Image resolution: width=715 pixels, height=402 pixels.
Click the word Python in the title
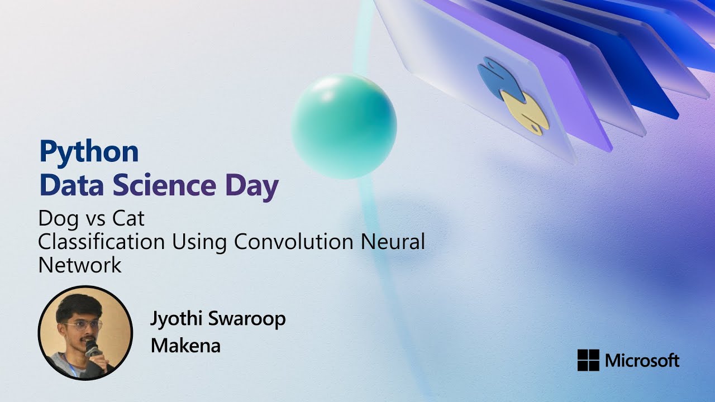click(x=89, y=152)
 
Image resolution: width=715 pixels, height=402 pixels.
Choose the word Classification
click(x=101, y=241)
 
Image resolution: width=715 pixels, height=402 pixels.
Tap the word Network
click(x=80, y=264)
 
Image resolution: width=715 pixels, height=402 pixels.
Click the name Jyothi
click(x=178, y=319)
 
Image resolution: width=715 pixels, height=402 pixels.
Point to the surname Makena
click(x=185, y=346)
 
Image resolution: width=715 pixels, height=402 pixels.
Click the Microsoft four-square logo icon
click(x=588, y=360)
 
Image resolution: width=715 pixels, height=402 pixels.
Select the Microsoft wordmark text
click(x=642, y=360)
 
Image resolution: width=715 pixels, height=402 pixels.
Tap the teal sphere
click(x=344, y=126)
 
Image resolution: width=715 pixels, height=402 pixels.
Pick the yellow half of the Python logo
click(x=525, y=112)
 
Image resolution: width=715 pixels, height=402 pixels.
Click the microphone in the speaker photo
click(x=92, y=350)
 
